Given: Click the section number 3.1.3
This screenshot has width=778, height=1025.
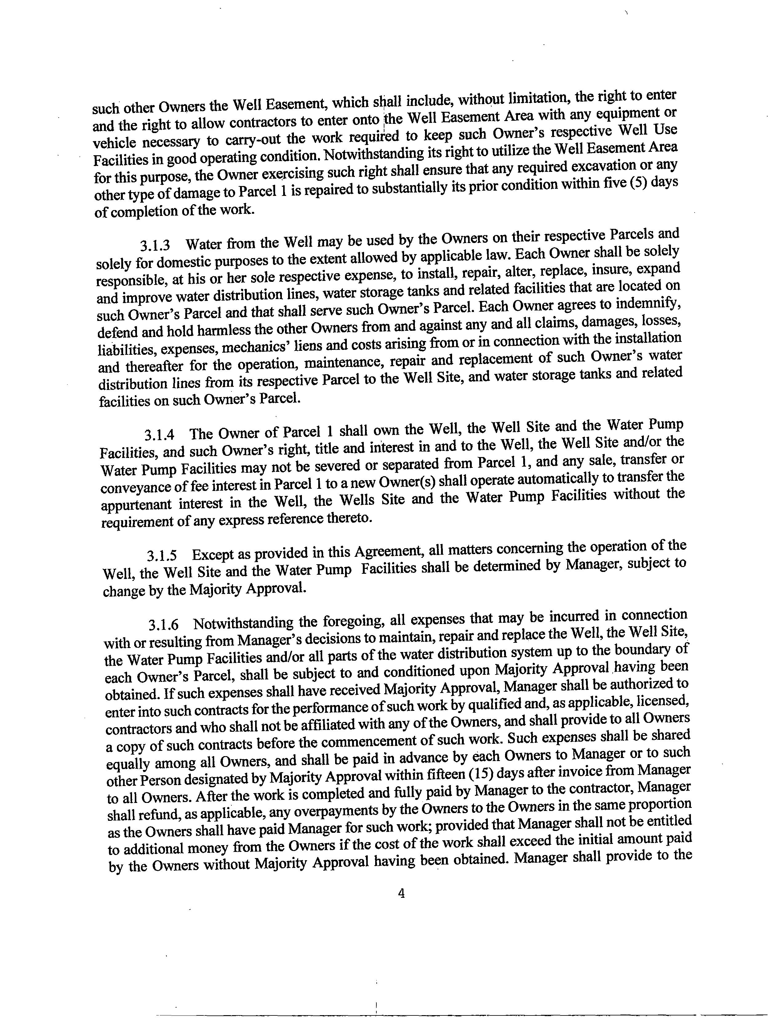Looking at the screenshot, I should pos(155,244).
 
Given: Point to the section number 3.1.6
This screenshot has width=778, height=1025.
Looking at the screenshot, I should pos(163,625).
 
